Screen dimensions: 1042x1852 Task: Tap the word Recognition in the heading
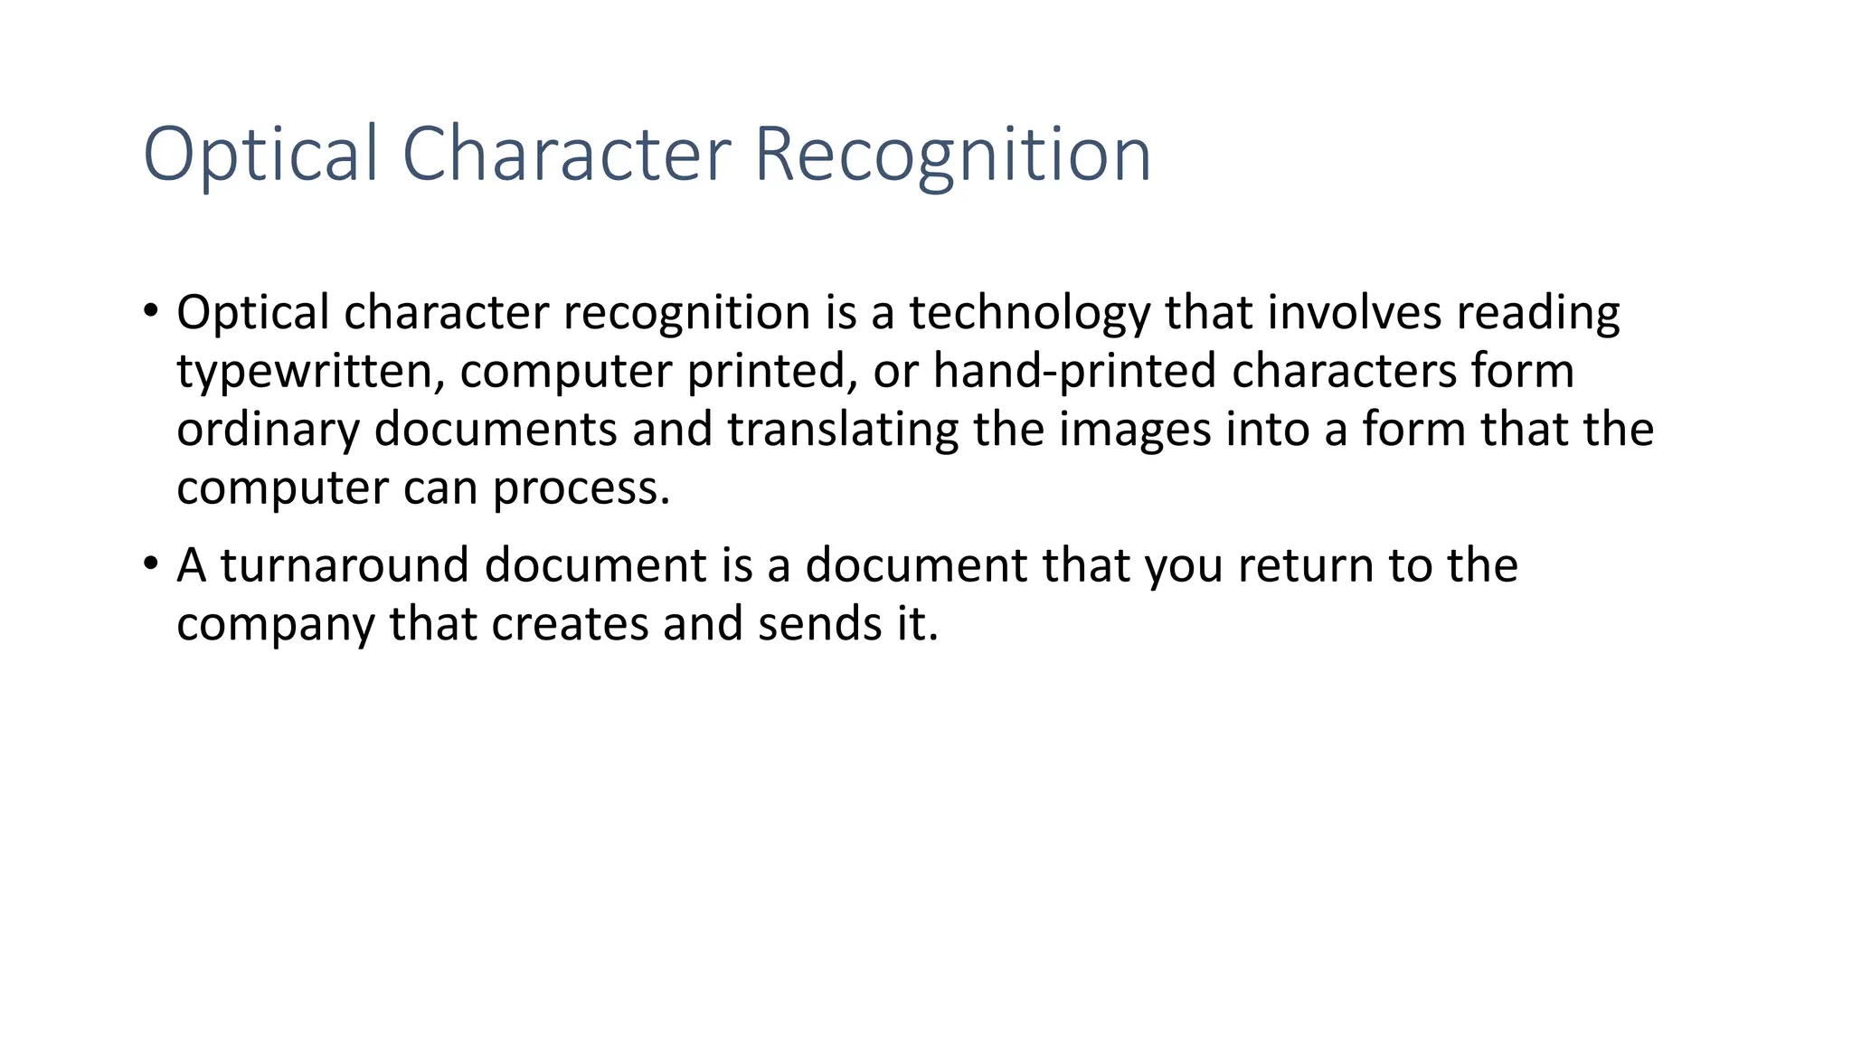[952, 156]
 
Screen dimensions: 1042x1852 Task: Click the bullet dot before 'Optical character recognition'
[150, 311]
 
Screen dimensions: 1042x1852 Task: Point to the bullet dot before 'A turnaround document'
[150, 564]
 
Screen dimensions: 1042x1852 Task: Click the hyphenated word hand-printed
[1074, 373]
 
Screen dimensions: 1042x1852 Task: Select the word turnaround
[345, 566]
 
